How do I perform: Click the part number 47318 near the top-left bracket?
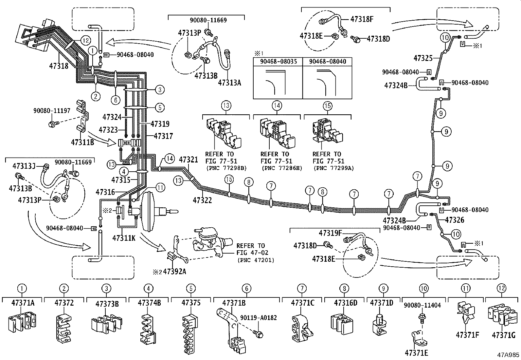(x=59, y=66)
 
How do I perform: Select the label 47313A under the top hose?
(x=229, y=83)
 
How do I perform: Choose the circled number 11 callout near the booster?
(x=160, y=188)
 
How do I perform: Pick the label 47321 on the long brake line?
(x=189, y=160)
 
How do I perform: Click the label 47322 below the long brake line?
(x=202, y=200)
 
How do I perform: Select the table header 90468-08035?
(x=278, y=61)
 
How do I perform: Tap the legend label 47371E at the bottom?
(x=416, y=353)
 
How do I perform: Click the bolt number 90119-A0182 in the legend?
(x=258, y=318)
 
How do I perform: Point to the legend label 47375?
(x=191, y=303)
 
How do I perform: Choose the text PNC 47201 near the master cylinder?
(x=256, y=260)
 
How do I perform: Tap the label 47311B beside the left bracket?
(x=82, y=142)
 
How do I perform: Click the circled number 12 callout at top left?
(x=85, y=41)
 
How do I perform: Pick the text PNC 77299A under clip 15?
(x=333, y=168)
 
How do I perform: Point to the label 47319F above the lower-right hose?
(x=330, y=233)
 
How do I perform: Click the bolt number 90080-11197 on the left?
(x=52, y=111)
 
